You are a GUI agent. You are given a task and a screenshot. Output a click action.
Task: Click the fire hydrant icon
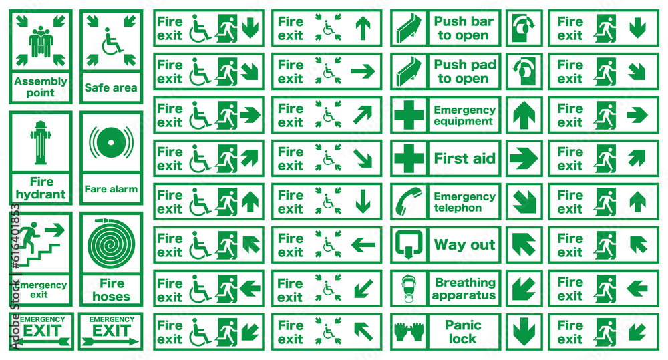click(41, 142)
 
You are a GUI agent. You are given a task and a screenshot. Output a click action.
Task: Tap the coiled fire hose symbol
click(111, 243)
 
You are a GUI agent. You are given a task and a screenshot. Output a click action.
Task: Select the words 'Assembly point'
click(41, 87)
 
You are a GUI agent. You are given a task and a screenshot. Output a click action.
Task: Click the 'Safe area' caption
click(111, 87)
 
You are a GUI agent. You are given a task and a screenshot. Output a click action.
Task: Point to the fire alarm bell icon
click(111, 142)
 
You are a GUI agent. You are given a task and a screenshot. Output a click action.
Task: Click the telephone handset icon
click(407, 202)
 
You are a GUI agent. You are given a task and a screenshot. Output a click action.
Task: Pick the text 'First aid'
click(464, 158)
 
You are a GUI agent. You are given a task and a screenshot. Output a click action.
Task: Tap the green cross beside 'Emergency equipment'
click(409, 115)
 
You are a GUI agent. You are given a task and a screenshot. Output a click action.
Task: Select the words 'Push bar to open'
click(464, 28)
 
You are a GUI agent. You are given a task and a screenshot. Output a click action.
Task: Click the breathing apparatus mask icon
click(408, 289)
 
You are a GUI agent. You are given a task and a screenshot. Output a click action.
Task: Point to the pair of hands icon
click(409, 332)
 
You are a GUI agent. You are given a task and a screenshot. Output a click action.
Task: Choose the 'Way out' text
click(464, 245)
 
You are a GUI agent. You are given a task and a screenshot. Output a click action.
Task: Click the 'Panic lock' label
click(463, 332)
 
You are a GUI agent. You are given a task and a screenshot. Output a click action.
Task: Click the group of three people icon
click(41, 42)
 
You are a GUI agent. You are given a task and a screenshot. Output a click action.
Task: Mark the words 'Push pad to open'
click(465, 71)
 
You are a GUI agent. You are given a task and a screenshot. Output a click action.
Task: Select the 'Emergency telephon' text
click(464, 202)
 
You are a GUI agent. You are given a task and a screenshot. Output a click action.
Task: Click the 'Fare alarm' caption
click(111, 189)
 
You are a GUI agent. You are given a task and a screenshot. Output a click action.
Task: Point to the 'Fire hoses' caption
click(111, 290)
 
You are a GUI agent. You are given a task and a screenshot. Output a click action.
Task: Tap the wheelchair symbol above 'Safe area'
click(112, 42)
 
